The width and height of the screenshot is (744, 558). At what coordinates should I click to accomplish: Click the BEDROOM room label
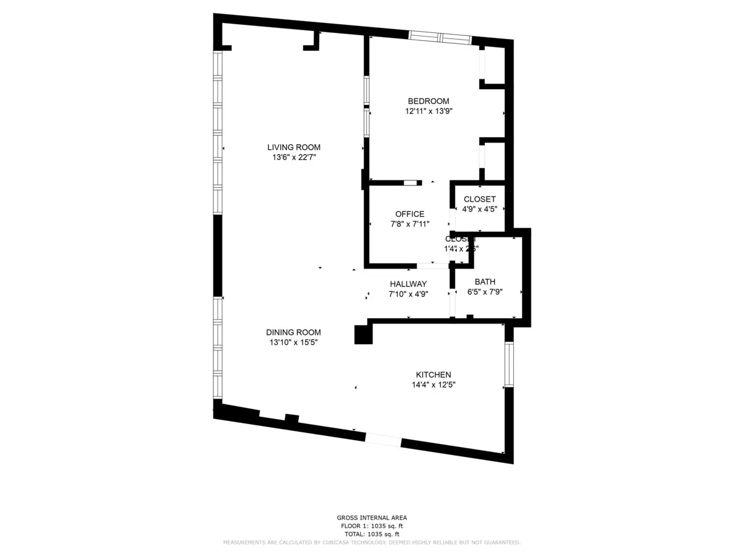click(x=428, y=101)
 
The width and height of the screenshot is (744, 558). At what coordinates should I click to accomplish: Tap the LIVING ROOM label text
click(x=294, y=147)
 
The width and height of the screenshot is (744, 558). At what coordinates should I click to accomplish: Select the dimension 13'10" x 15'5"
click(x=294, y=342)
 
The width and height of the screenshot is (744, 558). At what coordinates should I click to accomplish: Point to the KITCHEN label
click(x=433, y=374)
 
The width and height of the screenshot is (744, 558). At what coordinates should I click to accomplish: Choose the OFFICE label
click(x=410, y=214)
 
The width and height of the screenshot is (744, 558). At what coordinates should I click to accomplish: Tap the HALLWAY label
click(x=408, y=284)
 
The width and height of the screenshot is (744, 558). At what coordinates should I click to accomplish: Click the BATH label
click(x=485, y=281)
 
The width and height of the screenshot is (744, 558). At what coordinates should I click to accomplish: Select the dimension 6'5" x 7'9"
click(x=485, y=291)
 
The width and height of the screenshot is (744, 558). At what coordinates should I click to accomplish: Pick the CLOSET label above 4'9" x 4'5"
click(x=480, y=199)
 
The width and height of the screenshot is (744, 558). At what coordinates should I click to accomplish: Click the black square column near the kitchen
click(x=363, y=335)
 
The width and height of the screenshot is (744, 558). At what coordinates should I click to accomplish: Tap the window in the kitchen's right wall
click(x=509, y=364)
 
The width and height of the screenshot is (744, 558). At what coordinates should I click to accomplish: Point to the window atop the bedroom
click(x=440, y=37)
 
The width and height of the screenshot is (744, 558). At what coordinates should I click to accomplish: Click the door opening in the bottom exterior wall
click(x=383, y=440)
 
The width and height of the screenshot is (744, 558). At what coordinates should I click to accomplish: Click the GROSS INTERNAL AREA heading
click(x=372, y=518)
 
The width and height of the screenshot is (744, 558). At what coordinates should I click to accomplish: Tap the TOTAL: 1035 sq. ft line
click(x=372, y=534)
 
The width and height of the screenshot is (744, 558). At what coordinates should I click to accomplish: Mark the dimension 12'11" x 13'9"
click(x=428, y=112)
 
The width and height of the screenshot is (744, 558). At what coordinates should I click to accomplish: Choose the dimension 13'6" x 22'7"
click(x=294, y=157)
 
